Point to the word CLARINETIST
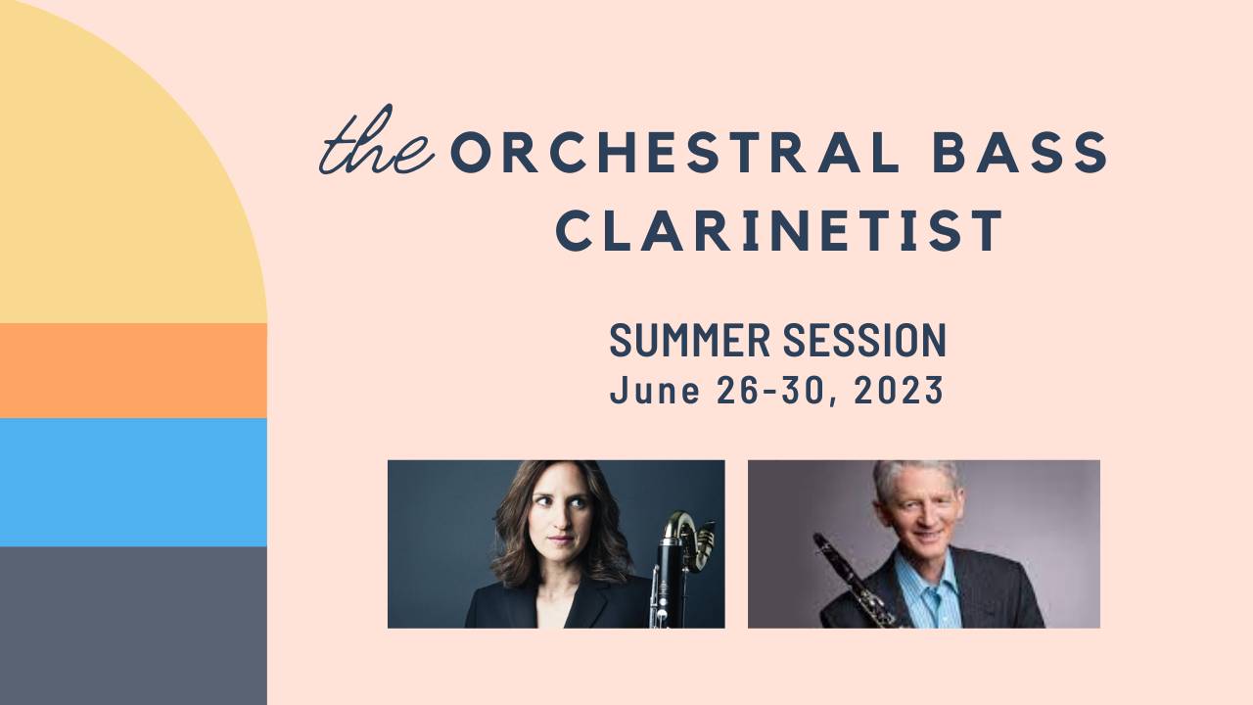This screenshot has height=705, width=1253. pyautogui.click(x=780, y=230)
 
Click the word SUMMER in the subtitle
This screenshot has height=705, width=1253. pyautogui.click(x=689, y=340)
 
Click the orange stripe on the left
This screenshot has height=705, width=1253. pyautogui.click(x=133, y=370)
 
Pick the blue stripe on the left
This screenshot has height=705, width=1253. pyautogui.click(x=133, y=482)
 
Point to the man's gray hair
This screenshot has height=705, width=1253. pyautogui.click(x=915, y=476)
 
